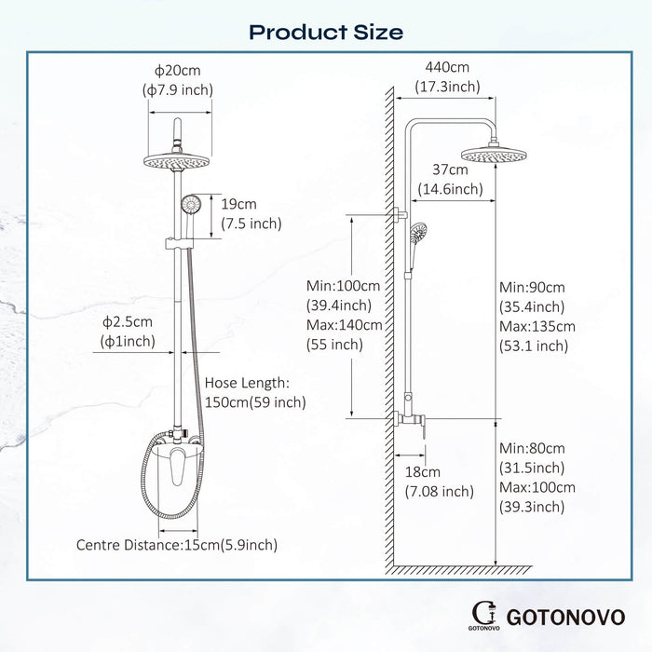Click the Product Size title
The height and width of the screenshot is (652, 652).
coord(326,32)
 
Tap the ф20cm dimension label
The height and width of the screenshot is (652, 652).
coord(177,71)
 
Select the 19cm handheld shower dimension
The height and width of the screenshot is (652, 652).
coord(239,204)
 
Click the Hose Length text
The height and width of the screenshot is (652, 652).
coord(247,383)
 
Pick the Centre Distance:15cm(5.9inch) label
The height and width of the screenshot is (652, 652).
coord(176,545)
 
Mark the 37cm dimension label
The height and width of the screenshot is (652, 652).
coord(450,170)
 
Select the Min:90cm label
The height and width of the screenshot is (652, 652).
coord(532,287)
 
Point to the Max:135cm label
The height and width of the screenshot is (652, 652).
coord(537,326)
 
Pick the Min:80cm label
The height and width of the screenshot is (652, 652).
coord(532,448)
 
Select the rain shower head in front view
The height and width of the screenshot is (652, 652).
coord(176,161)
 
